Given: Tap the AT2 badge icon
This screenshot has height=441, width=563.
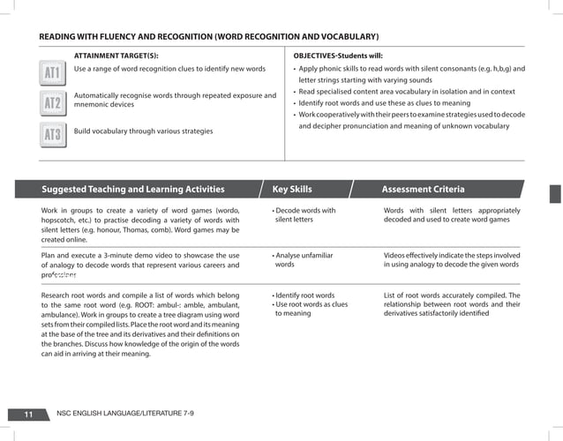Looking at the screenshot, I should coord(53,103).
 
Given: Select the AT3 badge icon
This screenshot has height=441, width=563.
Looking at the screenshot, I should coord(53,134).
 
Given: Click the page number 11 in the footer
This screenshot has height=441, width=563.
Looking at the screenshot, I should coord(29,414).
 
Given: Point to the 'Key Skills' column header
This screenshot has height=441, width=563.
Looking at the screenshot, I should coord(291,189).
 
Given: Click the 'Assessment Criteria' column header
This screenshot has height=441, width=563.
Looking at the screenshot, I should coord(423,189).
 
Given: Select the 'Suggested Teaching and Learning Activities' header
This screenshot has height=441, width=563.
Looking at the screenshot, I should coord(132,189).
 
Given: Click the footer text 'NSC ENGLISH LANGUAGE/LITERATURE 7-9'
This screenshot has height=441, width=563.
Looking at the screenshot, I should coord(124,414).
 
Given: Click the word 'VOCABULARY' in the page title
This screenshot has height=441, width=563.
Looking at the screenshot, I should coord(345,37).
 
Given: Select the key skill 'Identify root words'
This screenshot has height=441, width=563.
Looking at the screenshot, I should coord(305,295).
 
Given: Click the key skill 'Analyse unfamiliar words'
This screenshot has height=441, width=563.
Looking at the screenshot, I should coord(303,259).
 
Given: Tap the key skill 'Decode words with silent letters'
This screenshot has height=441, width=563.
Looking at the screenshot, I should coord(304,215).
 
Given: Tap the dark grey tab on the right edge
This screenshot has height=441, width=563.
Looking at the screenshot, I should coord(555,194).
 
